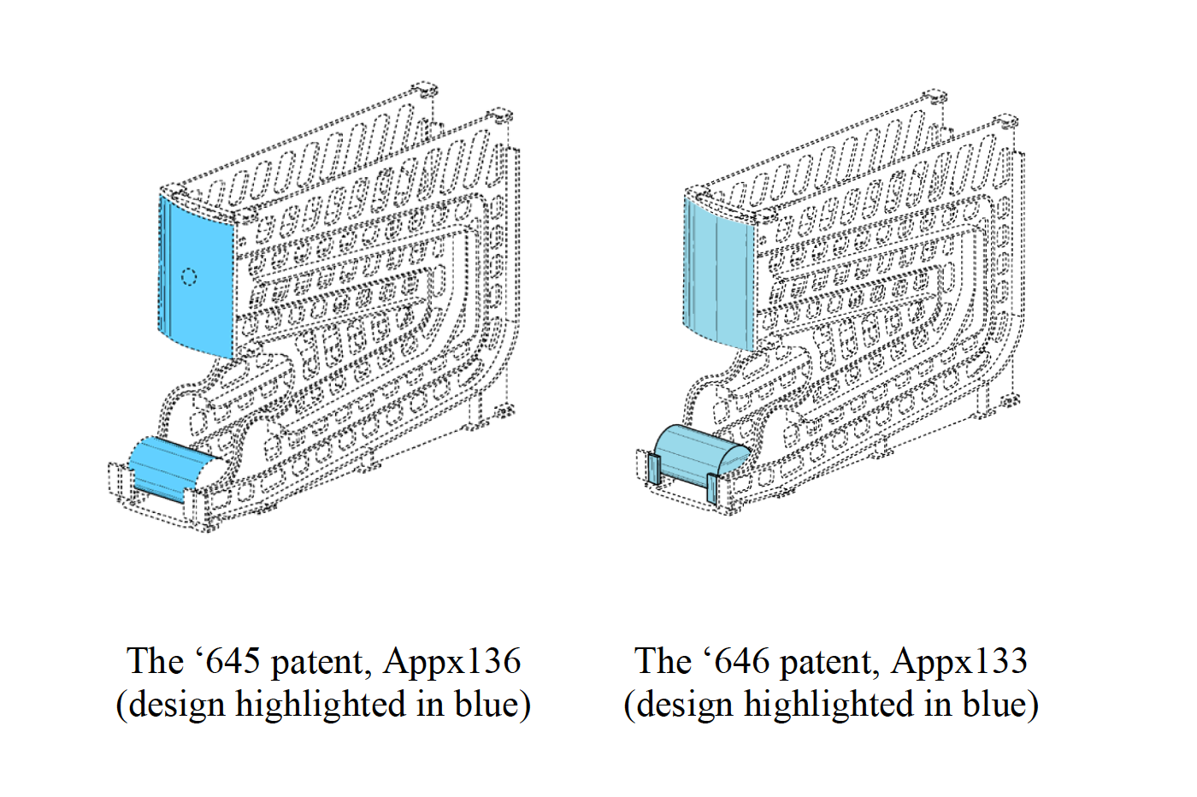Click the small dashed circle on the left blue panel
(x=190, y=276)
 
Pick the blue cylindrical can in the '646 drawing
(x=697, y=452)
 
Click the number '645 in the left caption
(x=227, y=662)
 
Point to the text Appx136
(x=452, y=662)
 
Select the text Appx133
(x=959, y=662)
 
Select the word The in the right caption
(x=662, y=662)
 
